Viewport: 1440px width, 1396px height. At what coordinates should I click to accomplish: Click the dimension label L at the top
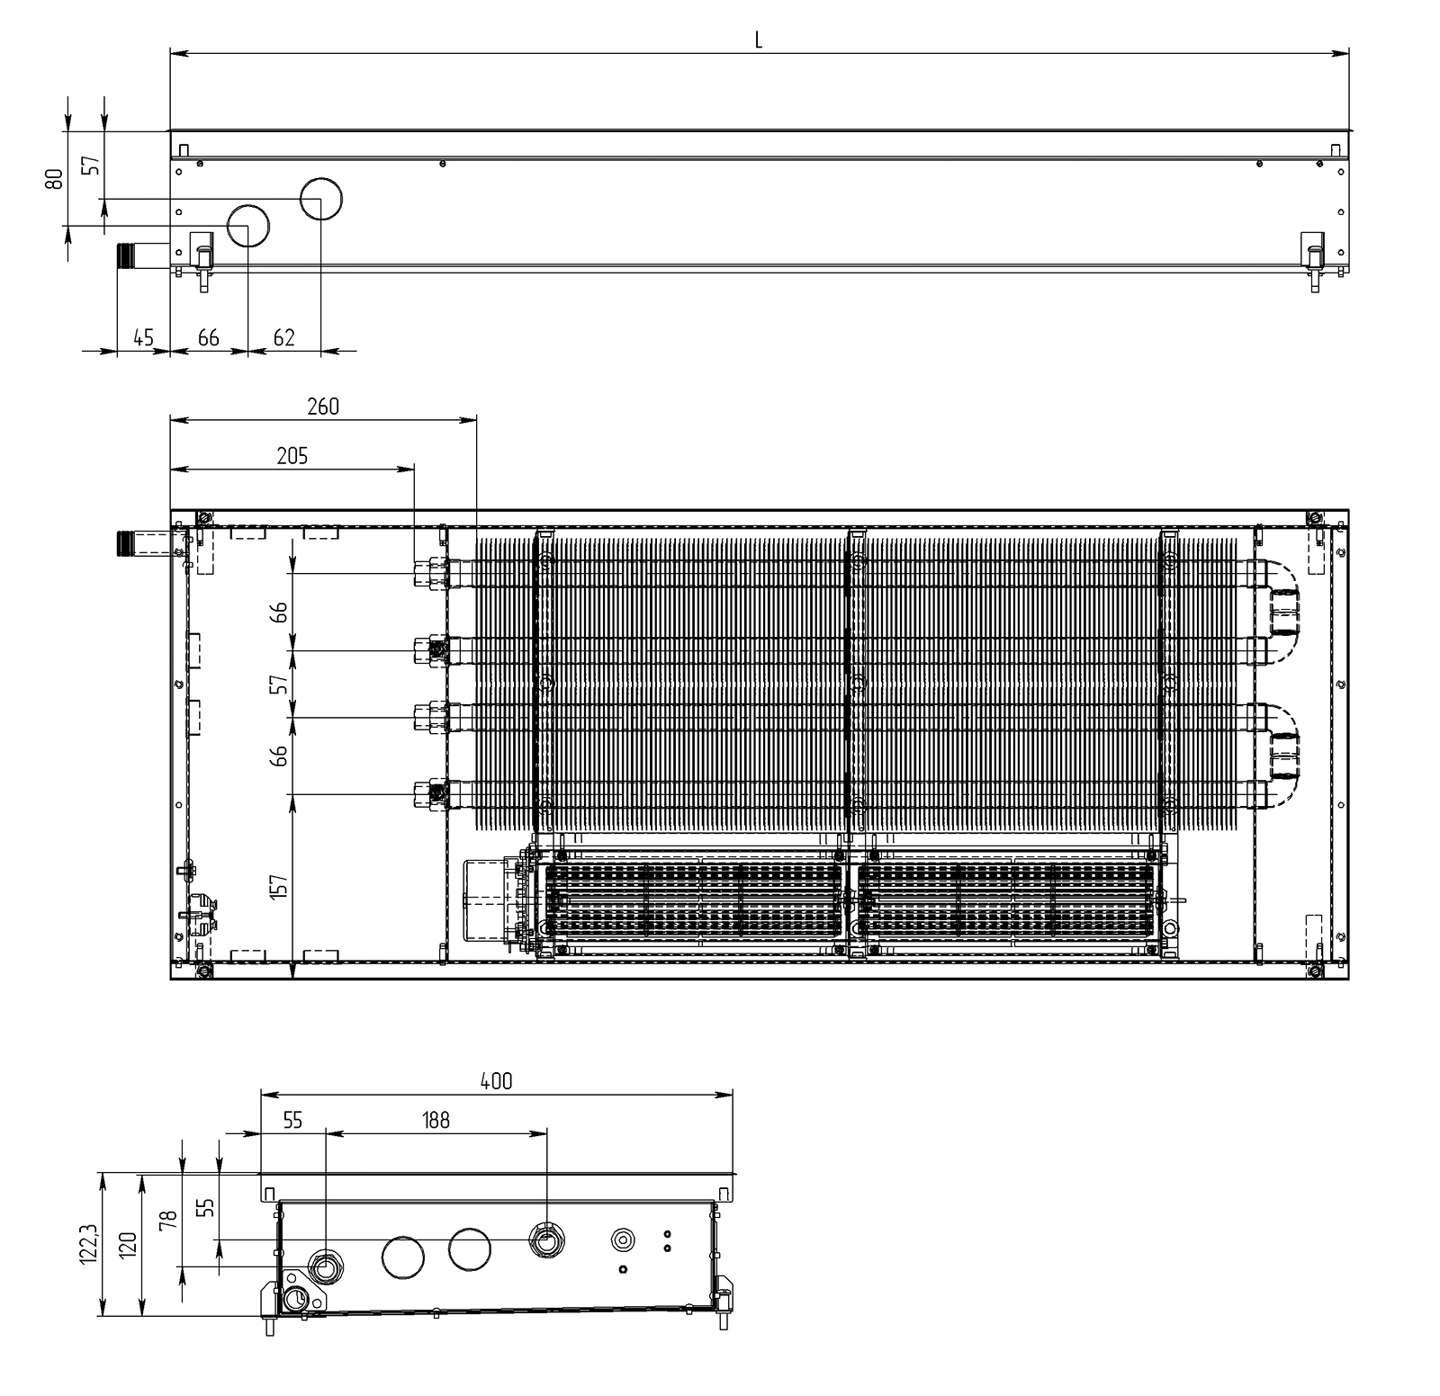tap(759, 40)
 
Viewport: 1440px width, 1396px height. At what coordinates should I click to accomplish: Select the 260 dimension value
tap(323, 407)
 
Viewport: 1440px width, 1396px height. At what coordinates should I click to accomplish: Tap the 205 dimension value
tap(292, 456)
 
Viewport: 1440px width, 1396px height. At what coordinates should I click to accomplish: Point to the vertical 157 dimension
tap(280, 886)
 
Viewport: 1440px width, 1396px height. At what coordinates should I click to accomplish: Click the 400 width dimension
tap(496, 1081)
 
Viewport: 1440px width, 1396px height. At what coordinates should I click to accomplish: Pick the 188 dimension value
tap(436, 1120)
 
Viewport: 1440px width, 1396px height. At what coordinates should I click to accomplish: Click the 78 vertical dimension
tap(168, 1220)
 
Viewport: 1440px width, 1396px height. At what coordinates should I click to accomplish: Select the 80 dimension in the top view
tap(55, 178)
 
